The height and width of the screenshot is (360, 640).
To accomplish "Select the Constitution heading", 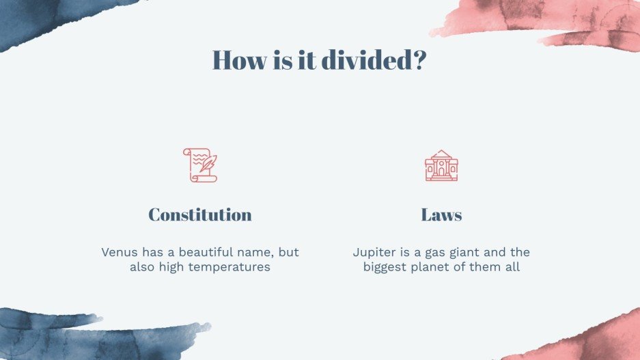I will click(x=200, y=214).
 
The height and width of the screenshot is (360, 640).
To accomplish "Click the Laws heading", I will click(x=441, y=214).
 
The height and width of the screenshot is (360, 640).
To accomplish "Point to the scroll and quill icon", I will click(x=200, y=165).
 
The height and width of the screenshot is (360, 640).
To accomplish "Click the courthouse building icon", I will click(x=441, y=165).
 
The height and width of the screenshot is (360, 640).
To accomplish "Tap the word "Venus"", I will click(x=120, y=252).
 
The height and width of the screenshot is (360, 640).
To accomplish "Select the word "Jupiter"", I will click(x=375, y=252).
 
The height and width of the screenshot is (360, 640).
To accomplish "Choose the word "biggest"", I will click(x=386, y=266).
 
